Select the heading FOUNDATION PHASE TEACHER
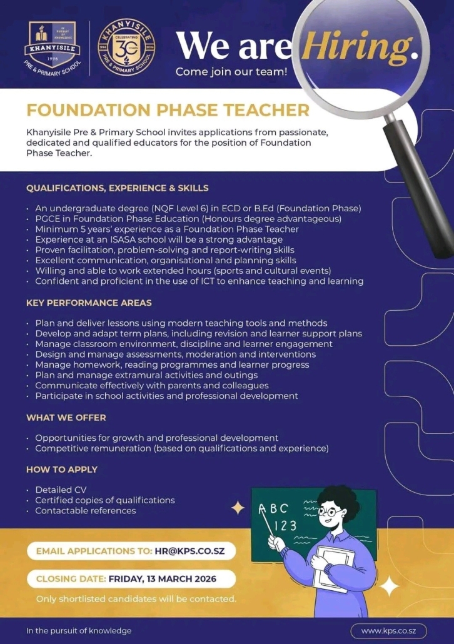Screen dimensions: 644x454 click(168, 111)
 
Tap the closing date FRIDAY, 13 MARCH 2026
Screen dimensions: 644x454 click(162, 578)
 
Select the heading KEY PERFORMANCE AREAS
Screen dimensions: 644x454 click(89, 303)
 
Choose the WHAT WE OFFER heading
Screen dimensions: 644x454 click(66, 417)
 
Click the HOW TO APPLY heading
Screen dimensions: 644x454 click(62, 469)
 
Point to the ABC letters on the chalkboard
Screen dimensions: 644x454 click(274, 508)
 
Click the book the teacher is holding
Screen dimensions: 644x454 click(329, 568)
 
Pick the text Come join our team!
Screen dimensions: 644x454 click(231, 71)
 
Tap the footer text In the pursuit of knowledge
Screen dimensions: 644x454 click(79, 630)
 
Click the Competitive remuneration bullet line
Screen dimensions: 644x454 click(181, 448)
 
